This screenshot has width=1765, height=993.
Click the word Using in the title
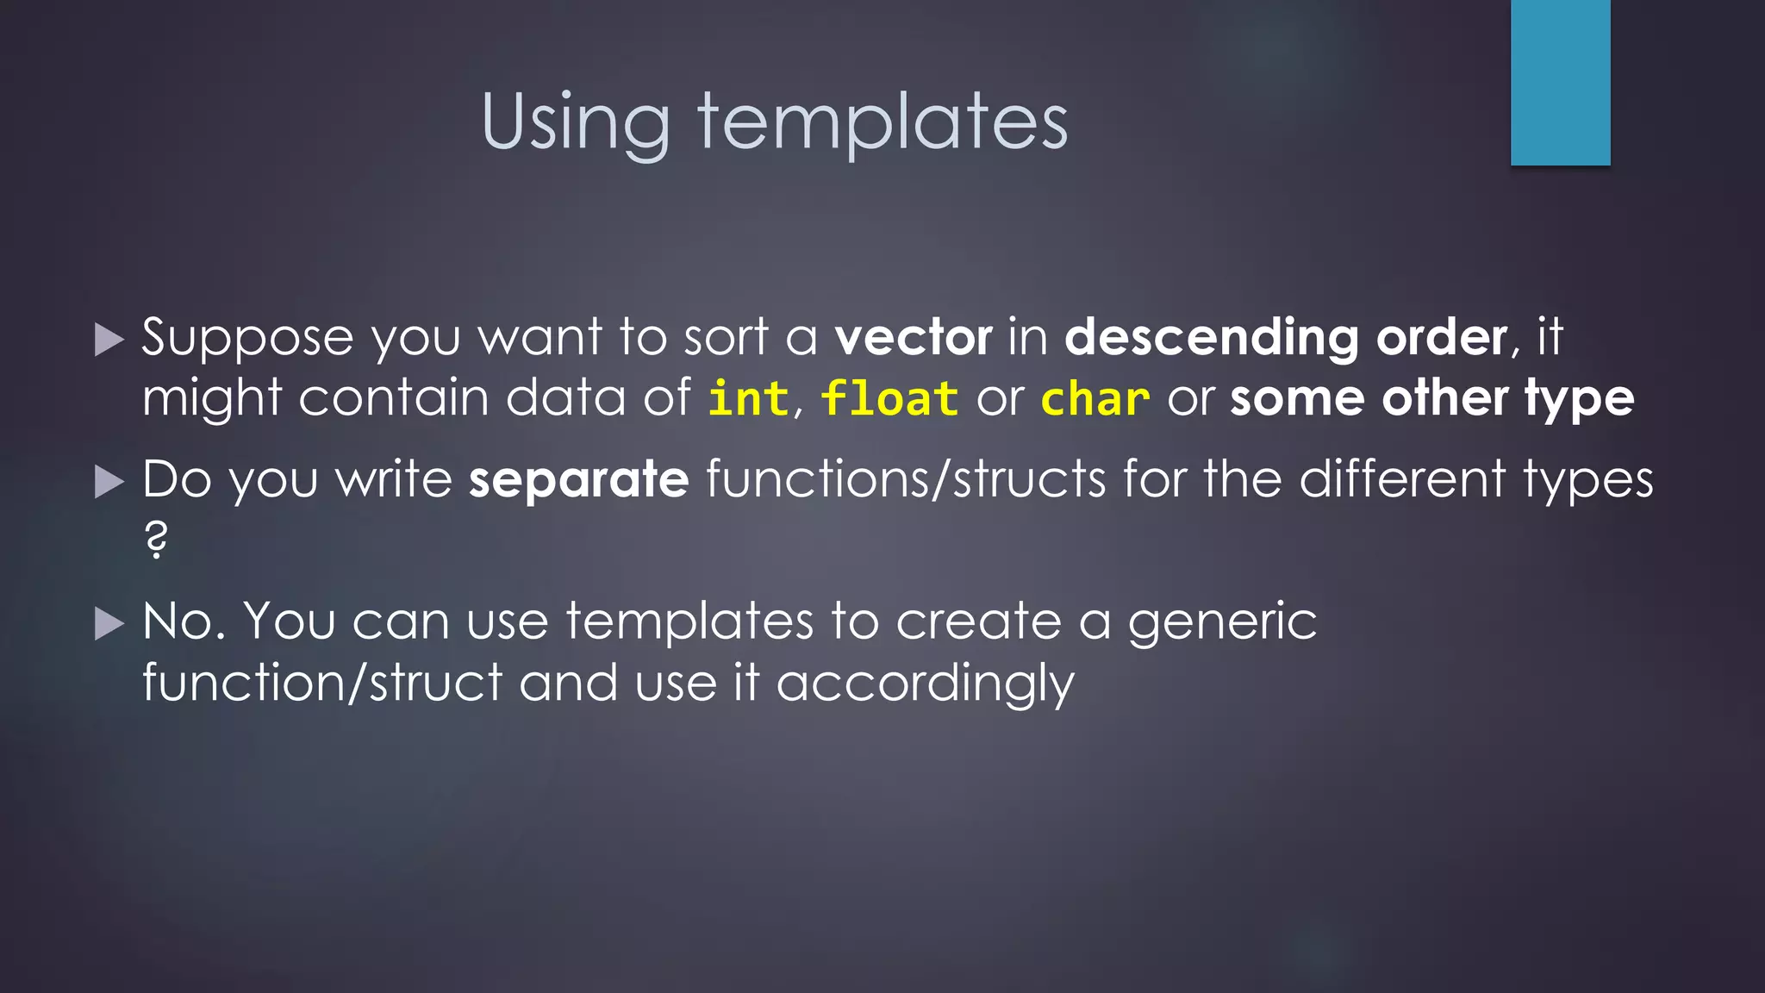coord(575,122)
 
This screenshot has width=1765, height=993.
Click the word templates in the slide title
coord(882,122)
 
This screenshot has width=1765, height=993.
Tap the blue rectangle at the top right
coord(1560,83)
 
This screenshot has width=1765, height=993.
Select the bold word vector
coord(914,337)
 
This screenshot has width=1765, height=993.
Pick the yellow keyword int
coord(748,399)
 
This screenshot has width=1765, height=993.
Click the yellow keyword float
coord(889,399)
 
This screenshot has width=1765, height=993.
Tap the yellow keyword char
coord(1095,399)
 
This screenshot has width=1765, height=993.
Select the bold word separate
coord(578,479)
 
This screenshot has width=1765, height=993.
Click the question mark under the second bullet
coord(156,540)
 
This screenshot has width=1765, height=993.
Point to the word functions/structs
coord(906,479)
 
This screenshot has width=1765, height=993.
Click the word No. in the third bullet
coord(184,621)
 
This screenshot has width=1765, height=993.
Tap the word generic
coord(1222,622)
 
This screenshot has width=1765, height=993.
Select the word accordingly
coord(925,684)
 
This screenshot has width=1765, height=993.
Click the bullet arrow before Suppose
coord(109,340)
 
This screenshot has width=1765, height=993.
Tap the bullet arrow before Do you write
coord(109,482)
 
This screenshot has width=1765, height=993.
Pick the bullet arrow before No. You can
coord(109,623)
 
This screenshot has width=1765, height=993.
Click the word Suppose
coord(247,338)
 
